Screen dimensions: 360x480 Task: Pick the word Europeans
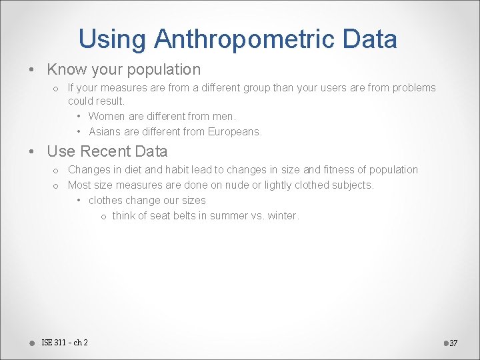click(235, 131)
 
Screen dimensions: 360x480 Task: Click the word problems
click(413, 88)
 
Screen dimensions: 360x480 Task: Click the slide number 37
click(453, 343)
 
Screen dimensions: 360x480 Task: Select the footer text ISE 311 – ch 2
click(65, 343)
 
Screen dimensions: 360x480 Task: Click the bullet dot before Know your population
click(32, 70)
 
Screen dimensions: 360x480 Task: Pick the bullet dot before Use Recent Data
click(32, 152)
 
